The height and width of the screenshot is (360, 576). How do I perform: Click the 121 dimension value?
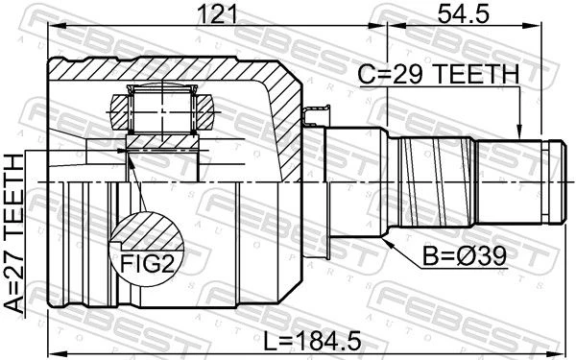coord(218,14)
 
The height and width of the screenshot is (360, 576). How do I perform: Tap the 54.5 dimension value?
coord(464,14)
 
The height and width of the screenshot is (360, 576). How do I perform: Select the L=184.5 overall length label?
coord(312,340)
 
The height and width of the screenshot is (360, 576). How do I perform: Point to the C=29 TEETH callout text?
coord(439,74)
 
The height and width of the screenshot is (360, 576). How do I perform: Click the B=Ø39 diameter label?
coord(465,256)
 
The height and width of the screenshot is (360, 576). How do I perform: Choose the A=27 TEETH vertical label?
coord(14,233)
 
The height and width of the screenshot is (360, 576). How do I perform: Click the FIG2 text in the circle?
coord(147,263)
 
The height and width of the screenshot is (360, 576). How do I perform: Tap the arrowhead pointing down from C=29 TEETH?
coord(519,132)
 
